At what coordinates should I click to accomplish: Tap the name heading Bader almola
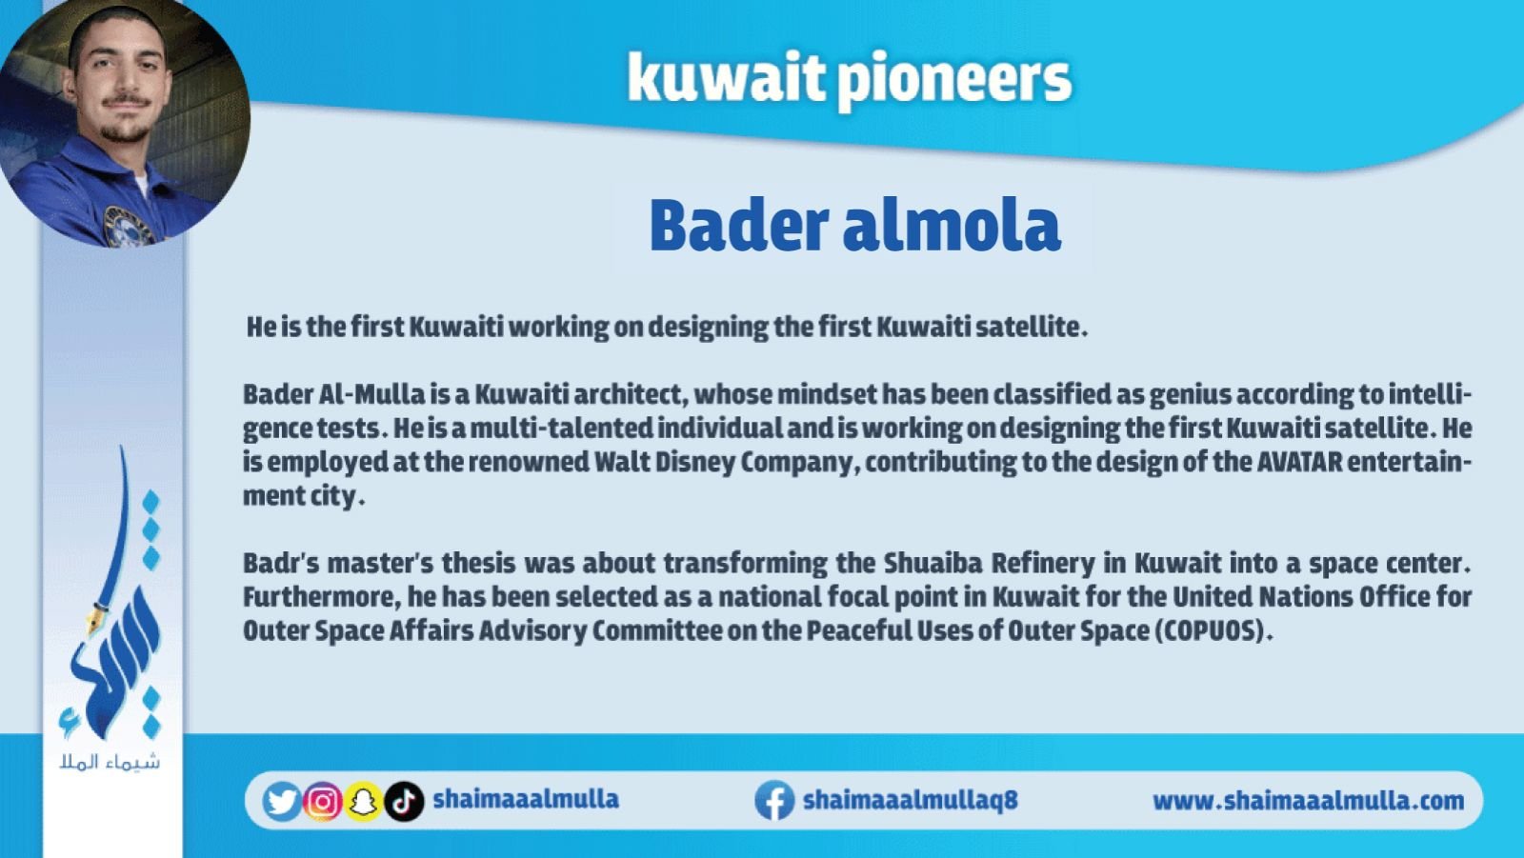click(854, 226)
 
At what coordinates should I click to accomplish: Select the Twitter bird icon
click(282, 801)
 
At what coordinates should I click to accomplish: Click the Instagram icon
click(323, 801)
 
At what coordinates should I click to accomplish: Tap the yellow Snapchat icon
click(363, 801)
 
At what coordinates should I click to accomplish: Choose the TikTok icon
click(404, 801)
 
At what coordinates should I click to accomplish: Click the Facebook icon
click(774, 800)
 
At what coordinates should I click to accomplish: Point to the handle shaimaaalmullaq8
click(911, 800)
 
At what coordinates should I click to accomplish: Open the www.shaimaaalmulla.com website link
click(1309, 801)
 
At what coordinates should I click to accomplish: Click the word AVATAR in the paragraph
click(1299, 462)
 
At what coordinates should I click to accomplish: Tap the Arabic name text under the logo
click(110, 762)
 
